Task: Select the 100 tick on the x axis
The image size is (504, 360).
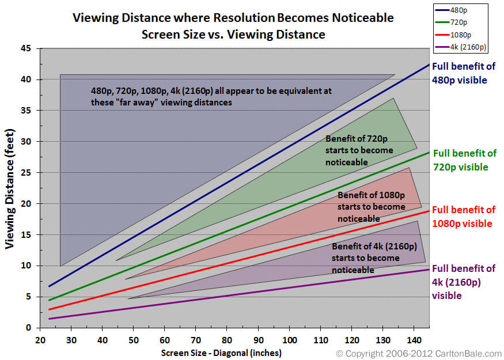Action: pos(289,339)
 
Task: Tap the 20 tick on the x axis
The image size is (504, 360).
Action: pos(40,339)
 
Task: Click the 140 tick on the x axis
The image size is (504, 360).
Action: pos(414,339)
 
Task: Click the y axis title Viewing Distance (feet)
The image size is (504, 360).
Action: pos(10,188)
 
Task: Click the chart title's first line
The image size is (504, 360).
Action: pos(233,18)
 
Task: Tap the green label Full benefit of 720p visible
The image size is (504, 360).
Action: pos(464,160)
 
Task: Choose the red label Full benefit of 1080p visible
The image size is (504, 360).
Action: pos(463,216)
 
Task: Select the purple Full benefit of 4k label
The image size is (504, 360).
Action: pos(464,282)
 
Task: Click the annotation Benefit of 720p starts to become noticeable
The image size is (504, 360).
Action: pos(359,150)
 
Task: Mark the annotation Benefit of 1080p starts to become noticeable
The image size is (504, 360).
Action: pos(372,207)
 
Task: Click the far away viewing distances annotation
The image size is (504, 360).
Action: pos(211,96)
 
